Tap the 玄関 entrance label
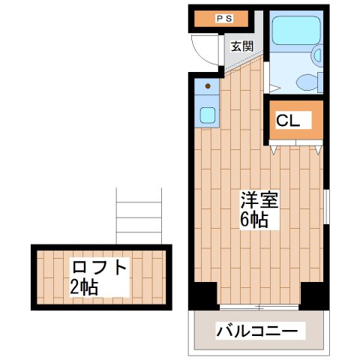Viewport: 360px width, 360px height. [x=241, y=46]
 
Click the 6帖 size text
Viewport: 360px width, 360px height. [x=254, y=220]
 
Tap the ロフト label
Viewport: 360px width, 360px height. [x=101, y=266]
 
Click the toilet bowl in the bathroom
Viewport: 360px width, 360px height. [x=304, y=82]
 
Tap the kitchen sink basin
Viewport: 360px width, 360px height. [x=208, y=115]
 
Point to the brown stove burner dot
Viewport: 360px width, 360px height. [x=208, y=86]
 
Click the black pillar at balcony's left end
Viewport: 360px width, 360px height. [x=203, y=295]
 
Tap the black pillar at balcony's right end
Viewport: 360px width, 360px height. [x=316, y=295]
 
